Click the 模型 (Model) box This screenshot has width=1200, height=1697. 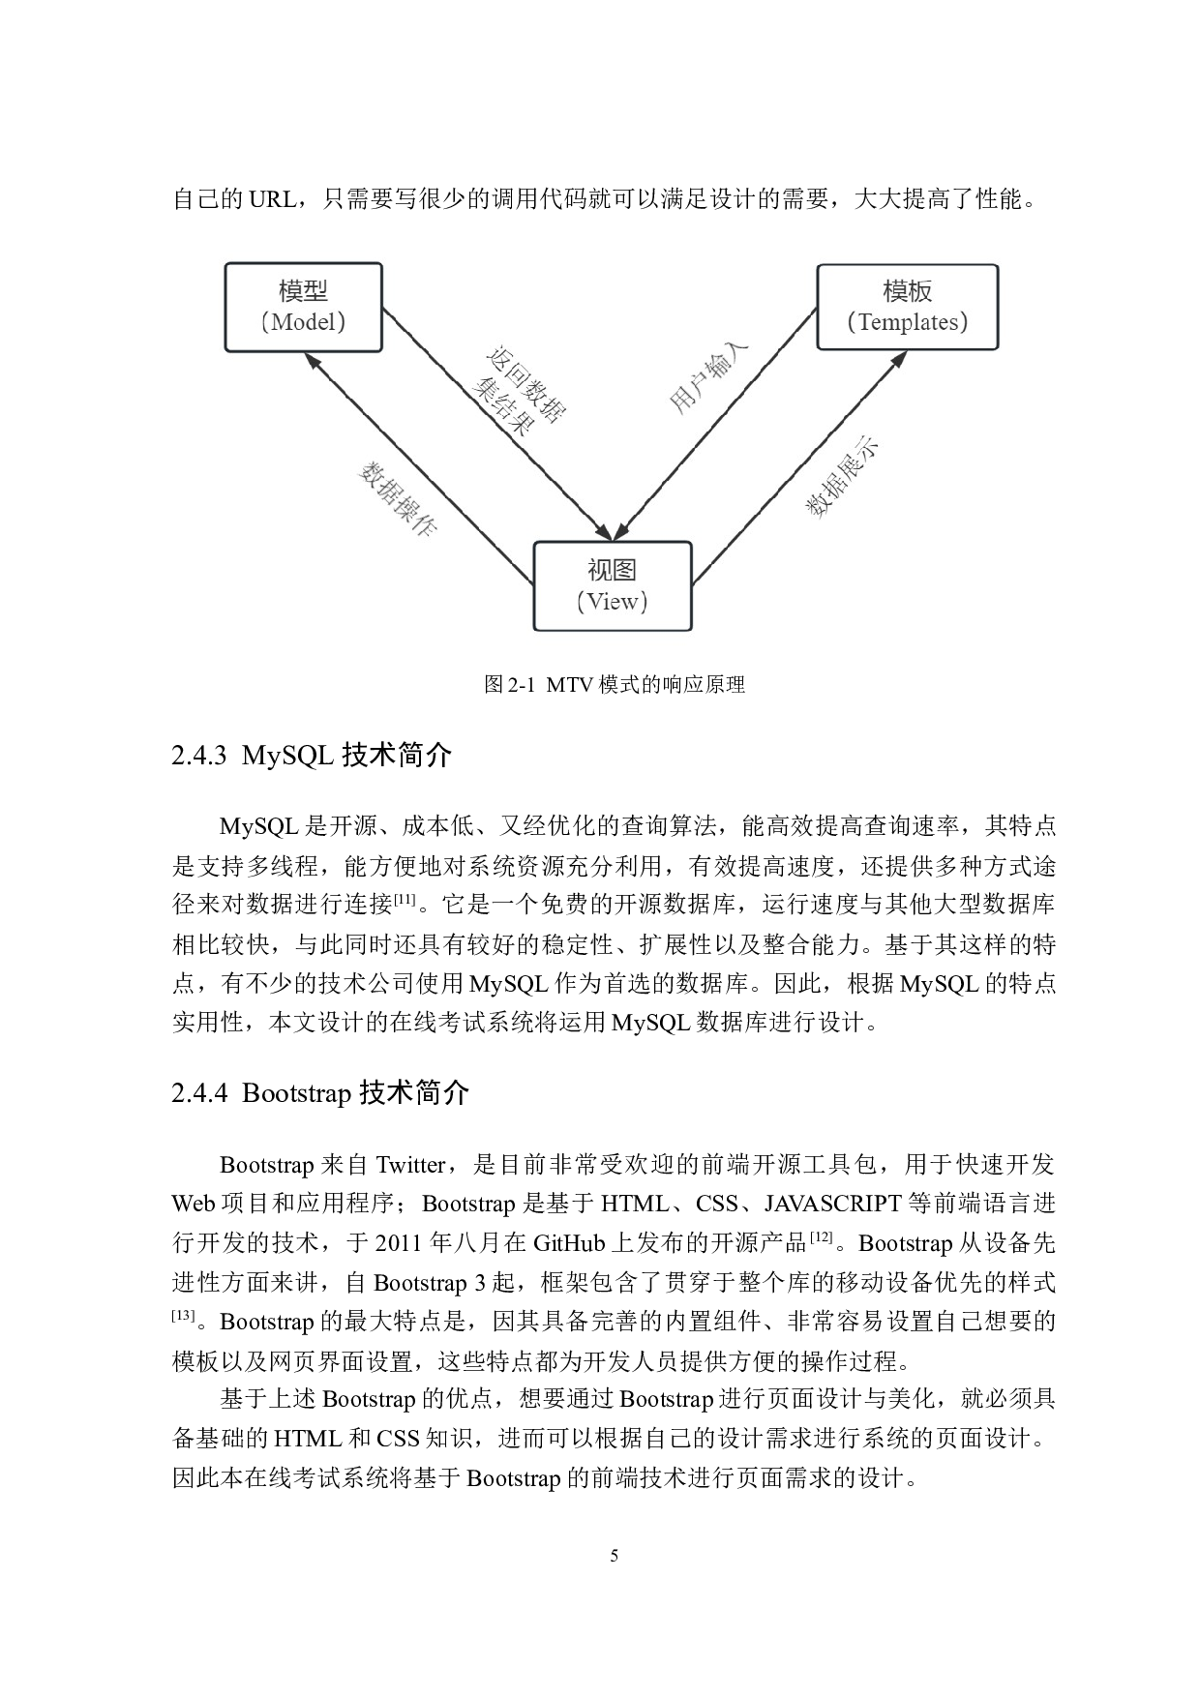click(x=304, y=307)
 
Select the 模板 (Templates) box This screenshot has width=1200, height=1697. click(x=908, y=307)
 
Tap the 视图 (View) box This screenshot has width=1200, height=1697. click(x=613, y=586)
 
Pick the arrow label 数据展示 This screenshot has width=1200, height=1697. click(x=843, y=477)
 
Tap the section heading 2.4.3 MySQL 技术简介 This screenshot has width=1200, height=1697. click(x=312, y=755)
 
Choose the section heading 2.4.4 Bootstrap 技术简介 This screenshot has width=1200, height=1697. click(x=320, y=1092)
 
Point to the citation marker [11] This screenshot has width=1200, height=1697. click(x=405, y=900)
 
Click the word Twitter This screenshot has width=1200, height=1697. click(x=410, y=1164)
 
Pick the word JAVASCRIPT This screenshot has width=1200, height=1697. click(x=833, y=1204)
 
